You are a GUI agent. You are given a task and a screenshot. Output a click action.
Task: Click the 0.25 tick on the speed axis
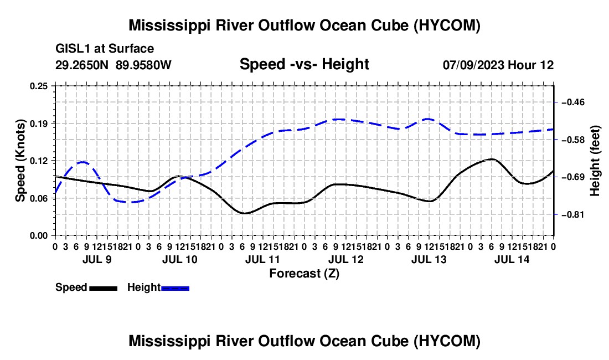coord(39,86)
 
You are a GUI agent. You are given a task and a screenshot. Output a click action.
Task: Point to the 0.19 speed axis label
coord(39,124)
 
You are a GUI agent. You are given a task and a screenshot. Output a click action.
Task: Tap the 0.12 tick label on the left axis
coord(39,161)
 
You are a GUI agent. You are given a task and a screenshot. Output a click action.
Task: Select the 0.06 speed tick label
coord(39,198)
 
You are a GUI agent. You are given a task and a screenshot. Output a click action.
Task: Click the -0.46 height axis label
coord(573,102)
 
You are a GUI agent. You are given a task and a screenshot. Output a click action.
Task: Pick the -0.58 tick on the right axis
coord(573,140)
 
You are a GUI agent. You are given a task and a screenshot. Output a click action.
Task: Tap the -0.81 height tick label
coord(573,215)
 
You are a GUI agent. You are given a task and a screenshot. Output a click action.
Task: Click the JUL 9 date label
coord(97,259)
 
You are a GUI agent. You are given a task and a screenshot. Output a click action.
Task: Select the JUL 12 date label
coord(346,259)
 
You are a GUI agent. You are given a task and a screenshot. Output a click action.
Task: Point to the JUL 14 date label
coord(512,259)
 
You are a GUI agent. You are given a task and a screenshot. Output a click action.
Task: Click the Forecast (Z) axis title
coord(304,274)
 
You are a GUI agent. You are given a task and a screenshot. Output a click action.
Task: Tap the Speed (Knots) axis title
coord(20,161)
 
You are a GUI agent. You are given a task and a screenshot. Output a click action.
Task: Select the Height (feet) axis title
coord(595,161)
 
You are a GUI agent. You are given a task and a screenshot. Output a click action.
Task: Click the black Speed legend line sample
coord(104,288)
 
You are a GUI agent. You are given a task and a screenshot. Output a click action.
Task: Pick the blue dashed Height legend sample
coord(175,288)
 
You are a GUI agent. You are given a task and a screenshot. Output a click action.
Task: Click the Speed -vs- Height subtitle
coord(304,64)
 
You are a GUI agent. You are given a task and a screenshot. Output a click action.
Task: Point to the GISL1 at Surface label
coord(105,49)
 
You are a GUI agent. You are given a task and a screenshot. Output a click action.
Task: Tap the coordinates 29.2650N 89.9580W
coord(113,65)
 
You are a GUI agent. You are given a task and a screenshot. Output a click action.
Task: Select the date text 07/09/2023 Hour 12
coord(498,65)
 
